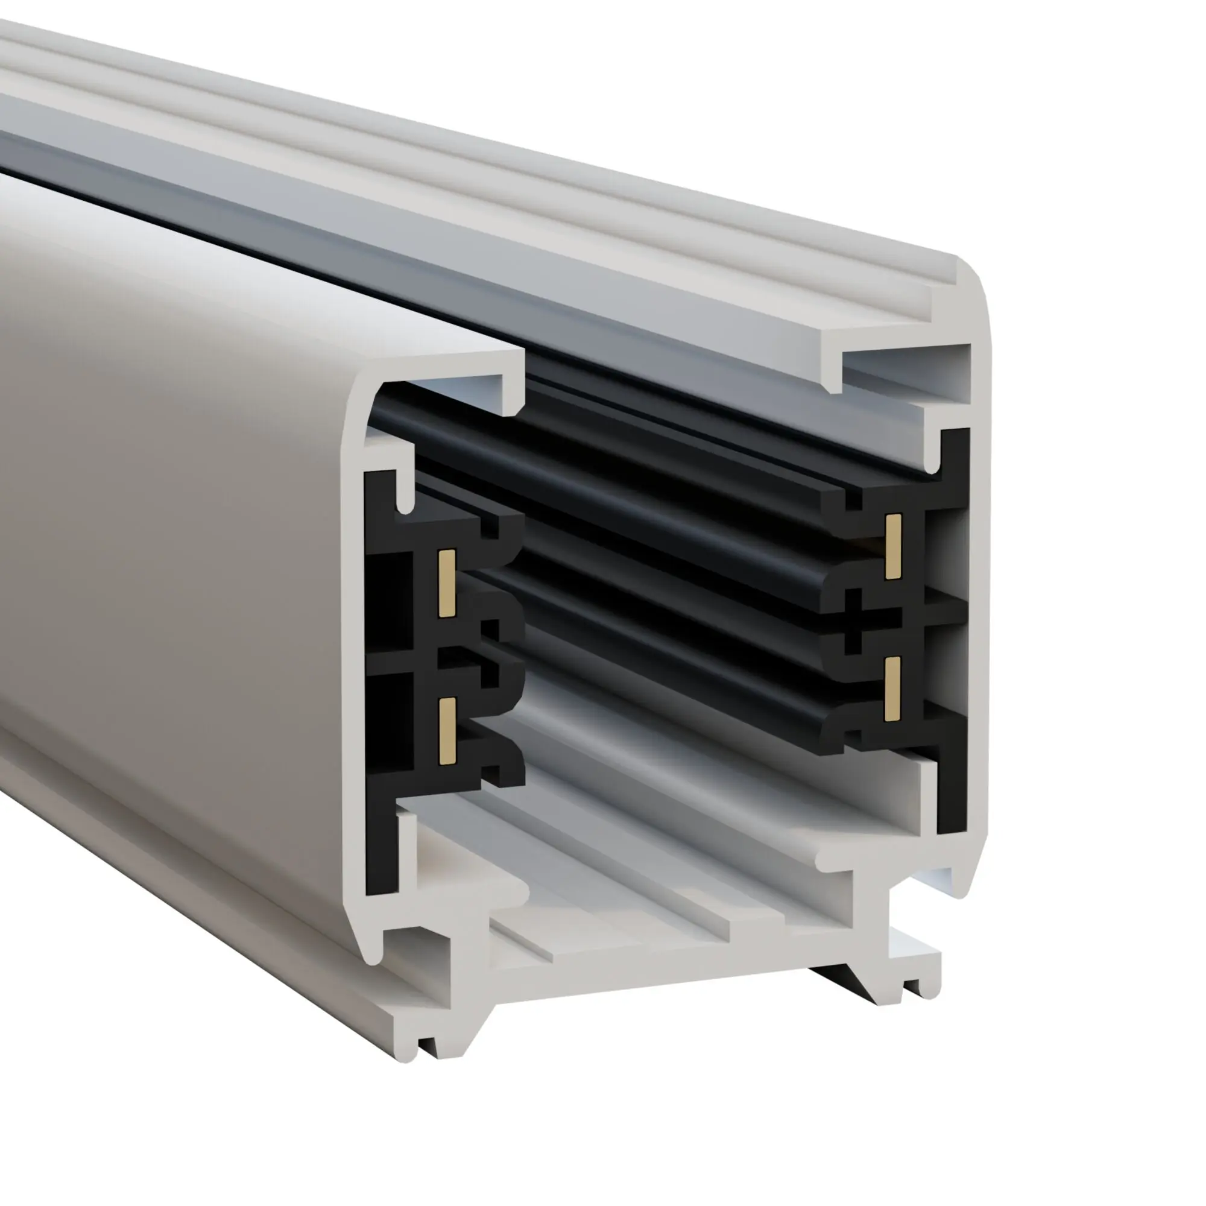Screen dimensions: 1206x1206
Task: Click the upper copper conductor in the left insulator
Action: point(446,584)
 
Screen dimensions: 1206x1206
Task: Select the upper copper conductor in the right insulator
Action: point(893,546)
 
